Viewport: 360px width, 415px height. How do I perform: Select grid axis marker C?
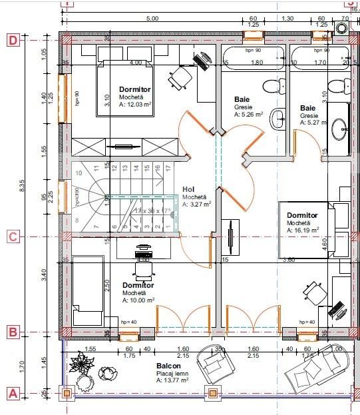[x=13, y=236]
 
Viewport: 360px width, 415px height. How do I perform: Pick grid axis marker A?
[x=13, y=394]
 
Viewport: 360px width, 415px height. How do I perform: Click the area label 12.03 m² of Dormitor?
[x=137, y=105]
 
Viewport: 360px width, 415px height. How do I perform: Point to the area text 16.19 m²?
[x=303, y=230]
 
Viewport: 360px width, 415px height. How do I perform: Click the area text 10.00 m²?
[x=138, y=300]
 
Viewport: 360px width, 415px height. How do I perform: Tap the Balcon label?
[x=167, y=367]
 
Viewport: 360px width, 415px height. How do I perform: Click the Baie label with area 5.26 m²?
[x=242, y=99]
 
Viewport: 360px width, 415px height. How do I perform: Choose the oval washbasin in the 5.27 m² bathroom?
[x=339, y=127]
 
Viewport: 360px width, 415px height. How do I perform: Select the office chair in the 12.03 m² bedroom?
[x=178, y=77]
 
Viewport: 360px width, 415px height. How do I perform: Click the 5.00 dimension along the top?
[x=152, y=19]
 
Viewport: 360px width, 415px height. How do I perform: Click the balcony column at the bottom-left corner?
[x=67, y=394]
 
